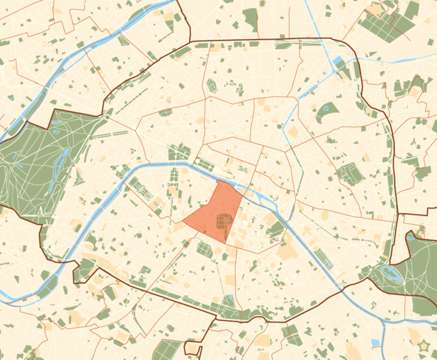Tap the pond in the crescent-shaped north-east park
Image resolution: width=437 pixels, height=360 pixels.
[x=327, y=109]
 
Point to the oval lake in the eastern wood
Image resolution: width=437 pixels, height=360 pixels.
[x=394, y=276]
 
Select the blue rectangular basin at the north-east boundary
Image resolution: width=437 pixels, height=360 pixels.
[x=337, y=62]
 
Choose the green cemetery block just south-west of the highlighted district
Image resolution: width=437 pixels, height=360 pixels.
[x=204, y=250]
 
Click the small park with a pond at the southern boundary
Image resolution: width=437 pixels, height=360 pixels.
[x=229, y=303]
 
